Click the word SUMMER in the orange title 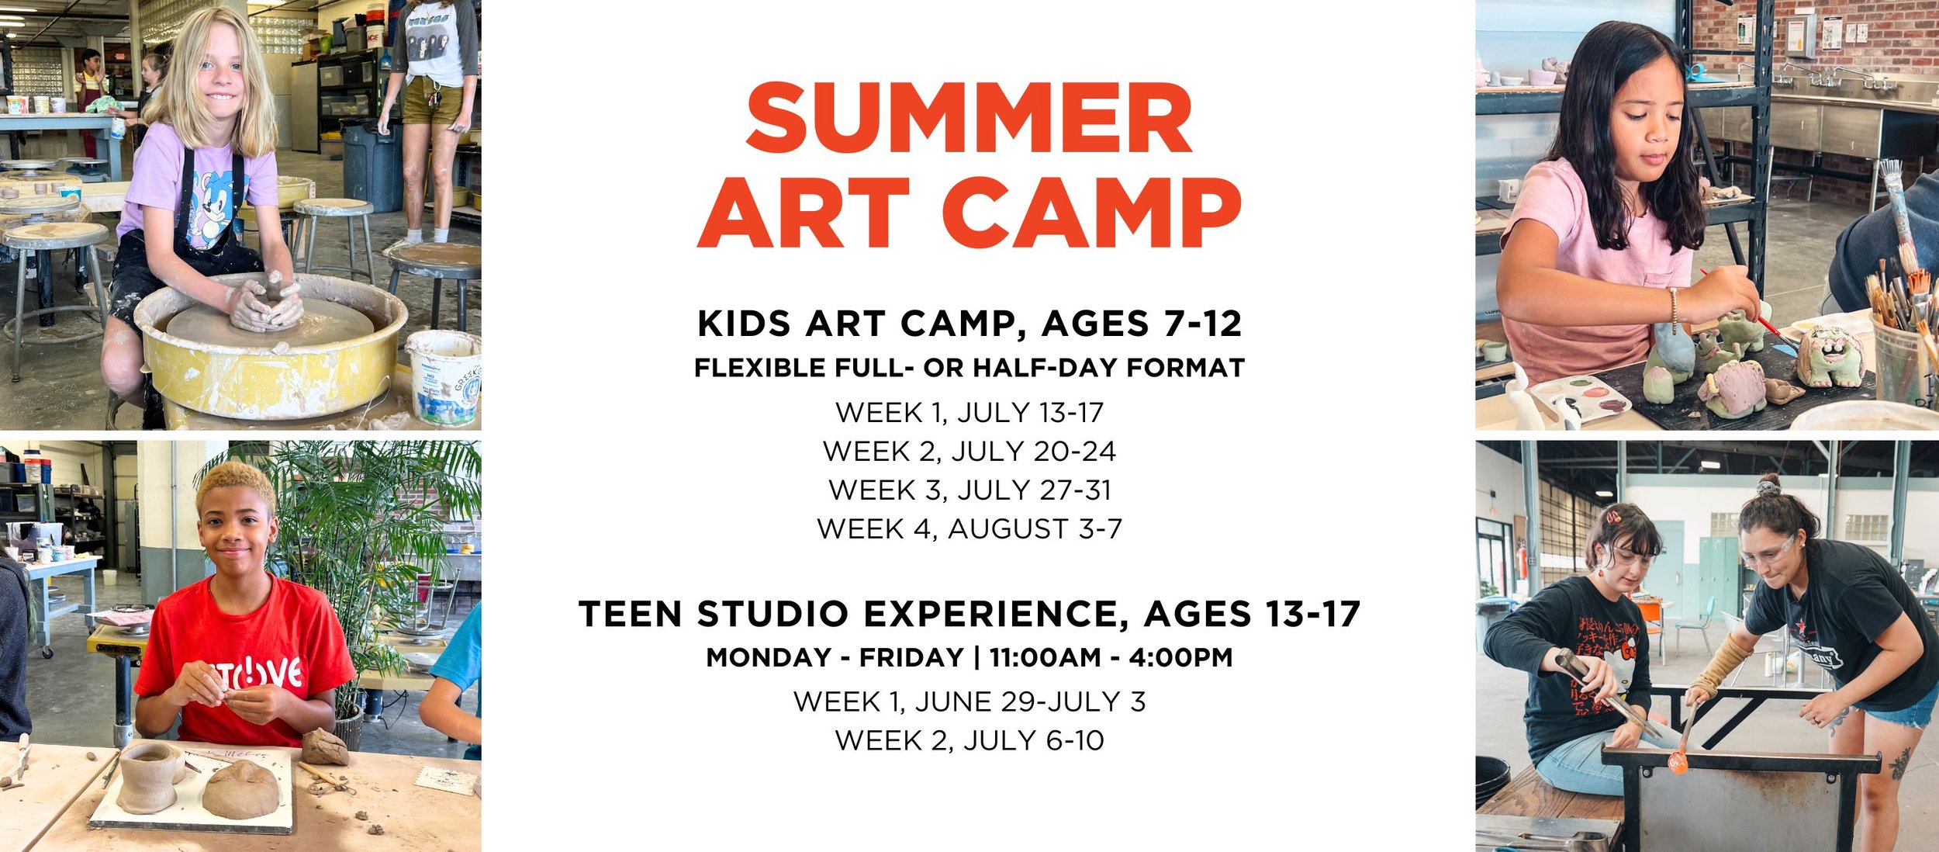969,118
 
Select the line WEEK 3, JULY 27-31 969,490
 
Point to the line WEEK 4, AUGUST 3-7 969,529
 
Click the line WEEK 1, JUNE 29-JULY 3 969,702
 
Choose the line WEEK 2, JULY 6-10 969,741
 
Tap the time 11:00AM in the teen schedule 1045,658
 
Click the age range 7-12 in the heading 1201,324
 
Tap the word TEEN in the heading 630,615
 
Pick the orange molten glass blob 1678,763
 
